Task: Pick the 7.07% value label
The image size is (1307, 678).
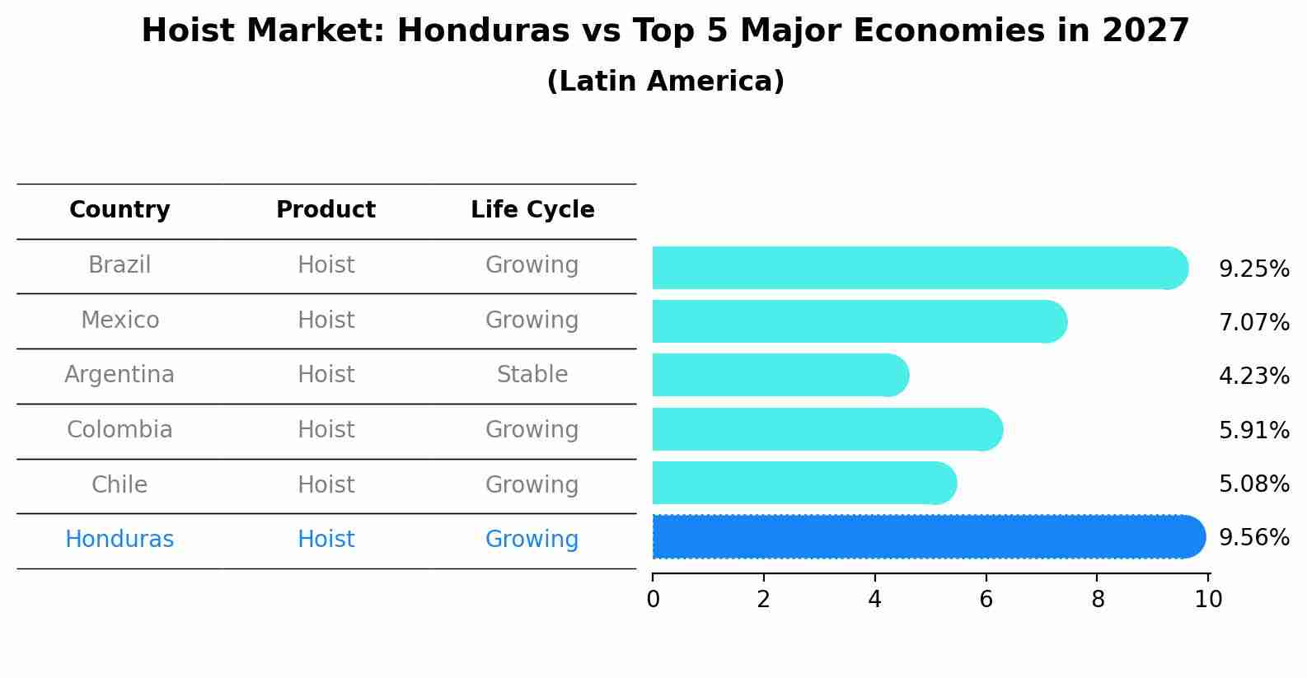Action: click(x=1253, y=322)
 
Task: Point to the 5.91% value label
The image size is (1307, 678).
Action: click(x=1253, y=430)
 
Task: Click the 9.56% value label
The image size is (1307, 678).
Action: click(x=1253, y=538)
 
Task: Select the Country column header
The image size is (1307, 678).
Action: click(x=119, y=210)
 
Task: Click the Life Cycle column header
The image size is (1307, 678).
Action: click(x=532, y=210)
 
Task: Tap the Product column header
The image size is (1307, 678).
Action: click(x=326, y=210)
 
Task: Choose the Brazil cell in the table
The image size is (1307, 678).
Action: click(x=119, y=265)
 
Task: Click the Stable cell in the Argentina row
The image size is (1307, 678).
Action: click(x=532, y=375)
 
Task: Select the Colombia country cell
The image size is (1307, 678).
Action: click(x=119, y=430)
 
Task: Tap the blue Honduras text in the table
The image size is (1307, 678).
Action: click(x=119, y=540)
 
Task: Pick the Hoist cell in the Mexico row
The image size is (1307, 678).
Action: click(x=326, y=320)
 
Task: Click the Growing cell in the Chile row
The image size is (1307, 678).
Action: click(x=532, y=484)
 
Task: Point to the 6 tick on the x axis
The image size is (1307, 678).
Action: click(x=986, y=599)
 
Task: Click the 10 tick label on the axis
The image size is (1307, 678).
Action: click(x=1208, y=599)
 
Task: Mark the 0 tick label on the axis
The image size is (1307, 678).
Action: click(x=653, y=599)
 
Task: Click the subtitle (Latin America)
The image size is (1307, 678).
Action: click(x=665, y=82)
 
